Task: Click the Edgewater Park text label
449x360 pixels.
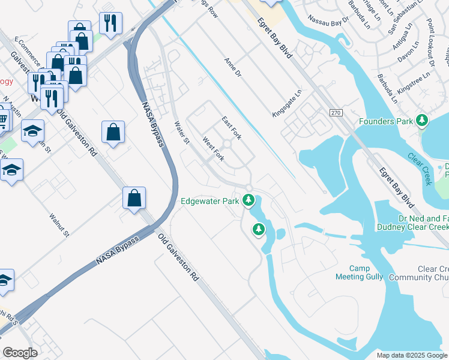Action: tap(211, 201)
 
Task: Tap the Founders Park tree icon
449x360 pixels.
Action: tap(423, 121)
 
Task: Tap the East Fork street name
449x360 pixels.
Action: tap(232, 128)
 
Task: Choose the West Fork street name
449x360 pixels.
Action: tap(214, 149)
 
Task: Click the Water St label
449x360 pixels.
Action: tap(181, 133)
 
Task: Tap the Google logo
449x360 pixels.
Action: tap(20, 353)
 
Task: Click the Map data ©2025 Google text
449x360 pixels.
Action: tap(412, 355)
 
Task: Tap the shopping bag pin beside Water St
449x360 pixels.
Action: tap(113, 133)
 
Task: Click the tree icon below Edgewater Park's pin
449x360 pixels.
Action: tap(259, 229)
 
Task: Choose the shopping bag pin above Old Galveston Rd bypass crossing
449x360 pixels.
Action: tap(135, 198)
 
